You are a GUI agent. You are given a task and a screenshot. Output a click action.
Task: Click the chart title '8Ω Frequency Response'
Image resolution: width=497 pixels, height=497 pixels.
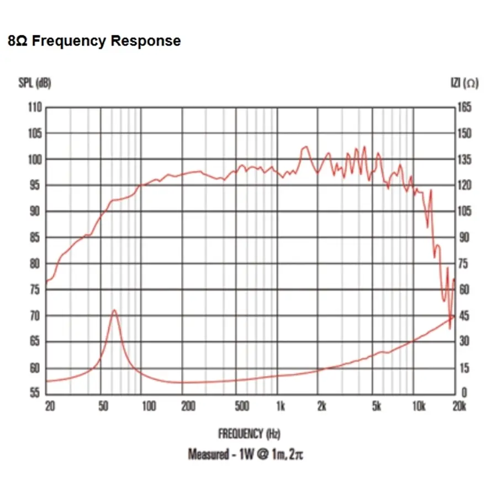[94, 41]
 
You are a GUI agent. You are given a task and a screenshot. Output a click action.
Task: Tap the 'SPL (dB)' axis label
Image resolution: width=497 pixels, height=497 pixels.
[35, 83]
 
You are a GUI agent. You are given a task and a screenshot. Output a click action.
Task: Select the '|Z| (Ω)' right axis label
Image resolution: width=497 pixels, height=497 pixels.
[464, 83]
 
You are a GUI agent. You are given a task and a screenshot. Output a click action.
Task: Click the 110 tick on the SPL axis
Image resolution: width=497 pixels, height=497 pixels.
[35, 107]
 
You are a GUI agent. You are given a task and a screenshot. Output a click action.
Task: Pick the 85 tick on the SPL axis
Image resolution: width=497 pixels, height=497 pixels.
[35, 237]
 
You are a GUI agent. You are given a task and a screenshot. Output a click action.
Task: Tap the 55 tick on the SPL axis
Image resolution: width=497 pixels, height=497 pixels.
[35, 393]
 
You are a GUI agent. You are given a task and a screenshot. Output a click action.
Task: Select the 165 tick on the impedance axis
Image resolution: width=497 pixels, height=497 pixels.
[464, 107]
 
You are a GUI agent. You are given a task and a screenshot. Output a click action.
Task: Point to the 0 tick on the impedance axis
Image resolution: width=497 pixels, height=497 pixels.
[462, 393]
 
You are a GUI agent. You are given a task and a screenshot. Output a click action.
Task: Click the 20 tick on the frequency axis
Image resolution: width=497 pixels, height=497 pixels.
[50, 408]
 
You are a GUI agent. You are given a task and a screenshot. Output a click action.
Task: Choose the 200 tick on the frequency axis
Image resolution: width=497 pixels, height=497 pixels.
[189, 408]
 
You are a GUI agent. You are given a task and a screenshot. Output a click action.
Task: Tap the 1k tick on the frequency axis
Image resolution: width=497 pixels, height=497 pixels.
[281, 408]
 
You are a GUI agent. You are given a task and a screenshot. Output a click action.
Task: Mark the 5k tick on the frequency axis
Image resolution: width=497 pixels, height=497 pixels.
[377, 408]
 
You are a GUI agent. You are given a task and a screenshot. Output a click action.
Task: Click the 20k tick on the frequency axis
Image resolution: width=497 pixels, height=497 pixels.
[459, 408]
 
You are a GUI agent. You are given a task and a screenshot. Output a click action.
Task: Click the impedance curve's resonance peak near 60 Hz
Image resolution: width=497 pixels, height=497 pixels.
[114, 310]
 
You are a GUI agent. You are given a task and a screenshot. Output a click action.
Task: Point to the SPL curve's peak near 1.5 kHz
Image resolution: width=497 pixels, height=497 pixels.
[304, 147]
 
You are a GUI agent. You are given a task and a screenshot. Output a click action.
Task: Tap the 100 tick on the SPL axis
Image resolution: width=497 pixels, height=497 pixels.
[35, 160]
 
